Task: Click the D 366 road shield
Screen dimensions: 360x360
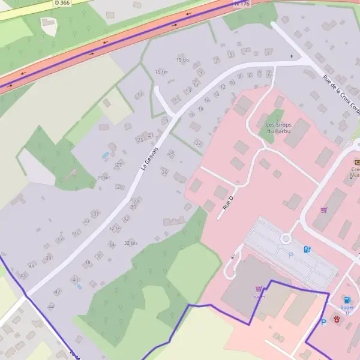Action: [x=61, y=3]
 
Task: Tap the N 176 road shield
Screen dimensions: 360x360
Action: [x=241, y=3]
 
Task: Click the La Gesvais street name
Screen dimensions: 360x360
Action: [x=150, y=158]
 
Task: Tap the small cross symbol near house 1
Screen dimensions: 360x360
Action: [x=292, y=56]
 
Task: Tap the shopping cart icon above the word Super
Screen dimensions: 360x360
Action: [x=259, y=289]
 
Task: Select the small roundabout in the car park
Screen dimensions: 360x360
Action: [x=286, y=239]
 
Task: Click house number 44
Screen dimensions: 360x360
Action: [x=51, y=306]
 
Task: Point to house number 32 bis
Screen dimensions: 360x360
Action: [x=131, y=243]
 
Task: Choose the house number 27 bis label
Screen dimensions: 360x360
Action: [x=104, y=178]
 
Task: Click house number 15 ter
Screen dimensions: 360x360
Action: [x=161, y=72]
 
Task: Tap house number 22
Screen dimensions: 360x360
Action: [x=198, y=143]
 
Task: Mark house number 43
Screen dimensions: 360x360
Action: [x=23, y=275]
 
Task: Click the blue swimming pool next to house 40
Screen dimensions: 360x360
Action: [x=79, y=286]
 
